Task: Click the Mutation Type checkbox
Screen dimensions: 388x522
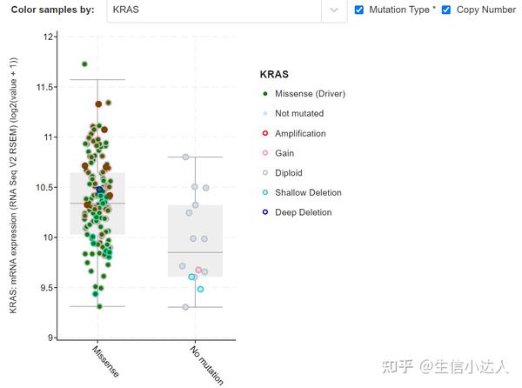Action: tap(360, 10)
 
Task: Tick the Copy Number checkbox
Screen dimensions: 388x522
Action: tap(446, 10)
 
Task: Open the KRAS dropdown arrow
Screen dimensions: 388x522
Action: tap(334, 10)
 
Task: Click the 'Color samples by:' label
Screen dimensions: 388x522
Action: tap(52, 10)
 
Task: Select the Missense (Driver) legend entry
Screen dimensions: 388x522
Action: tap(310, 94)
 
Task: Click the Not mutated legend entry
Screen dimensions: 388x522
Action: tap(298, 113)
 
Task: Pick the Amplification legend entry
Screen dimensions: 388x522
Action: tap(300, 133)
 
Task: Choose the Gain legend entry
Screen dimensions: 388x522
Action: tap(284, 153)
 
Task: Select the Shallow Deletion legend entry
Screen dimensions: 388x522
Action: tap(308, 192)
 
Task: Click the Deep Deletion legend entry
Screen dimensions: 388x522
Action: tap(303, 212)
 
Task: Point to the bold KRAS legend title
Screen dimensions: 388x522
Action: tap(274, 75)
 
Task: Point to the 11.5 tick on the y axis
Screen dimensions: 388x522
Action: tap(44, 87)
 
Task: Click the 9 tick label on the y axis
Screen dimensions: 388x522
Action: tap(51, 338)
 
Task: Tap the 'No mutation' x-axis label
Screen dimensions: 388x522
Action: tap(205, 364)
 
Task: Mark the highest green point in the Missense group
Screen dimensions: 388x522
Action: tap(84, 64)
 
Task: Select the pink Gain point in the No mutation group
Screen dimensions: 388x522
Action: tap(198, 271)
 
